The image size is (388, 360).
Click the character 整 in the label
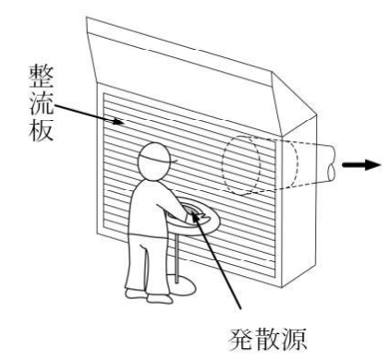point(42,76)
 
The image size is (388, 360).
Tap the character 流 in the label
point(42,103)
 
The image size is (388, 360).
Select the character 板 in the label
point(42,129)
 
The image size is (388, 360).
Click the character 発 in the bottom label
point(241,340)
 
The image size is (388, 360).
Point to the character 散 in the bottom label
point(267,340)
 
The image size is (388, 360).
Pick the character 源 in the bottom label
point(294,340)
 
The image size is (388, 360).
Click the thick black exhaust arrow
point(361,165)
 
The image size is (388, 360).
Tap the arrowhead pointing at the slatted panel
point(119,122)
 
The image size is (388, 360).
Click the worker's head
point(154,161)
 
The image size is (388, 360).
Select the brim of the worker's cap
point(174,161)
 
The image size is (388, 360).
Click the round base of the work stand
point(182,284)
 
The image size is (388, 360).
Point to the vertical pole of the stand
point(176,258)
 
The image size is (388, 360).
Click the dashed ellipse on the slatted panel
point(224,166)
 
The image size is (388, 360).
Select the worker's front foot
point(160,298)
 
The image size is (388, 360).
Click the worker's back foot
point(136,294)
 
